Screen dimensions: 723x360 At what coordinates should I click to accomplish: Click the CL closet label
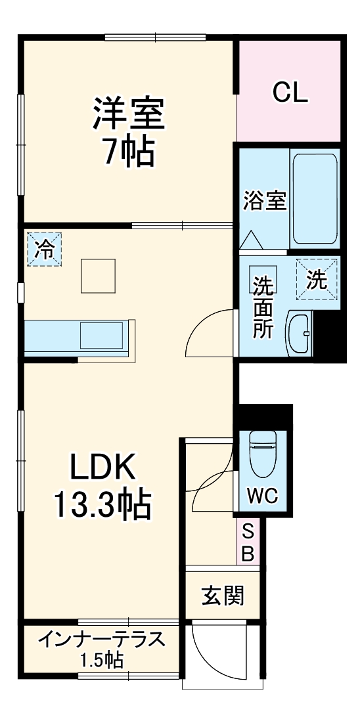(x=290, y=93)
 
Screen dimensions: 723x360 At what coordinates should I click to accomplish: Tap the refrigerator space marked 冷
(x=45, y=249)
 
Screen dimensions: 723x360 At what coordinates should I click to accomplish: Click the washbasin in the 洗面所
(x=299, y=334)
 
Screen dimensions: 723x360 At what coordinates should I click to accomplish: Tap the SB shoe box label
(x=248, y=542)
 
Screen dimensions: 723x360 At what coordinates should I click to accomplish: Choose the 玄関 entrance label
(x=222, y=596)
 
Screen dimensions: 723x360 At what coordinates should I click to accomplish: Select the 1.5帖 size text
(x=101, y=661)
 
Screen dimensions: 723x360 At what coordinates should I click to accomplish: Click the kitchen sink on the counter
(x=101, y=335)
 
